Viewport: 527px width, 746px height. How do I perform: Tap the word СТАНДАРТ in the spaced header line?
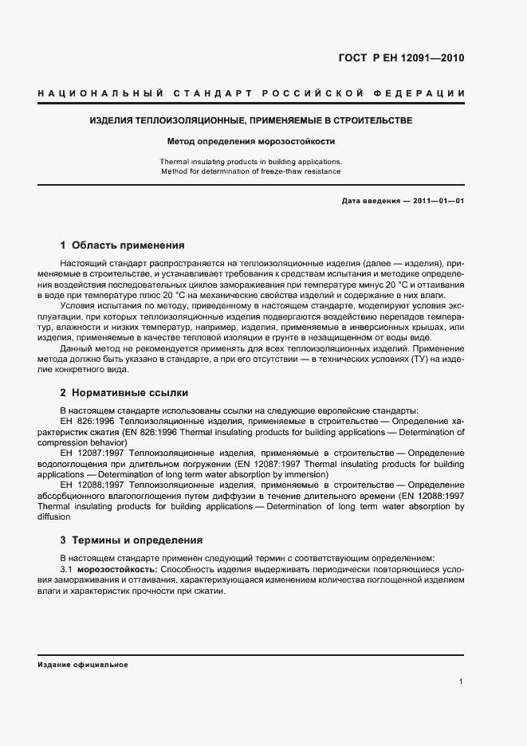215,95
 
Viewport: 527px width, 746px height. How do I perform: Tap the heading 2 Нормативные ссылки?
124,393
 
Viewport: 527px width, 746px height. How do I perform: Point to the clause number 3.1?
66,569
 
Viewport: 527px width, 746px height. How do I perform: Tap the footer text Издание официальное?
82,664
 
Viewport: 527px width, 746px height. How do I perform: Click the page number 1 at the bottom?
462,681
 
